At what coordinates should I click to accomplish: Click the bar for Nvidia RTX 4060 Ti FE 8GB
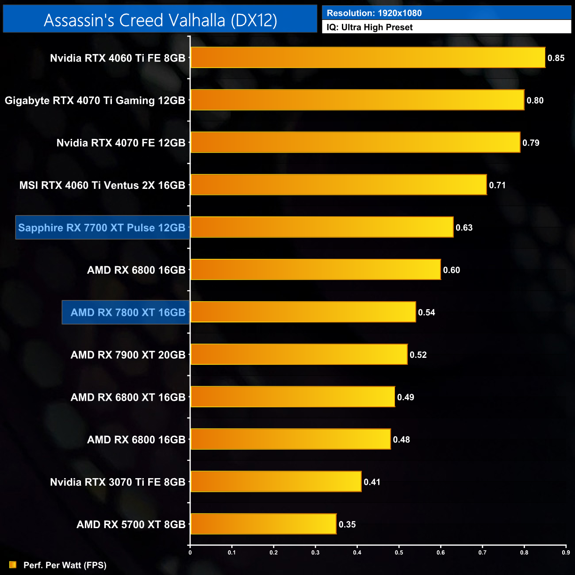point(368,57)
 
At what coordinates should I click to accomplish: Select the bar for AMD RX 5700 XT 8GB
point(263,524)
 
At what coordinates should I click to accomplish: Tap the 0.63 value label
point(464,227)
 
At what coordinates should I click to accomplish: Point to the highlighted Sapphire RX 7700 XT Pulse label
point(102,228)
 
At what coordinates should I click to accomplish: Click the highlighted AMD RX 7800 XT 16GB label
point(127,312)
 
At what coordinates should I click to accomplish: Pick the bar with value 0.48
point(291,439)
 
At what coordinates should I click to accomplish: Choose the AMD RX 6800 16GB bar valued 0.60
point(315,270)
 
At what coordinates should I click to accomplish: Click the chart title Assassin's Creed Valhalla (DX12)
point(160,20)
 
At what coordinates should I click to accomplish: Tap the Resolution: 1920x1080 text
point(374,13)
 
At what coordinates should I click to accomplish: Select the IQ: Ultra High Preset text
point(369,27)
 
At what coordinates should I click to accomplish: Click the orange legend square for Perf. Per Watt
point(13,565)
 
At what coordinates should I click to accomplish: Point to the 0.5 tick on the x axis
point(399,552)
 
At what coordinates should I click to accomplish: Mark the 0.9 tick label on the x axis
point(566,552)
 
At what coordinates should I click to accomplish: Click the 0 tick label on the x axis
point(190,552)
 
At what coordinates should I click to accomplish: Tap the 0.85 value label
point(556,58)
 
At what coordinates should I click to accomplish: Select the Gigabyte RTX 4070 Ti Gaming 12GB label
point(95,100)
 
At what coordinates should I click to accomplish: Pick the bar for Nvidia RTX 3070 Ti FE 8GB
point(276,482)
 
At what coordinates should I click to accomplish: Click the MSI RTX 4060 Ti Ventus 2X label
point(102,185)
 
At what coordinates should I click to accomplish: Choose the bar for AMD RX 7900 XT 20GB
point(299,354)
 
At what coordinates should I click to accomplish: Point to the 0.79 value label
point(531,143)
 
